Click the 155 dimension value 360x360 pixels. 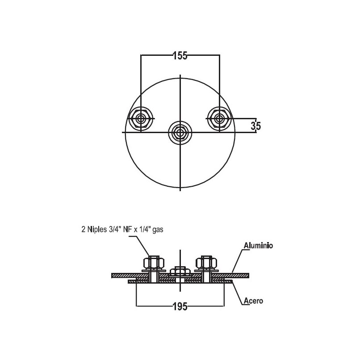180,56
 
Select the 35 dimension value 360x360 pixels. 256,126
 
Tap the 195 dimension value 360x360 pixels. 180,306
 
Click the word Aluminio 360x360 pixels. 258,245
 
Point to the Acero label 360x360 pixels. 253,301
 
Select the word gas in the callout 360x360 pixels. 158,230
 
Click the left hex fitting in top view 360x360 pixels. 140,119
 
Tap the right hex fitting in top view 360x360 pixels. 219,119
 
